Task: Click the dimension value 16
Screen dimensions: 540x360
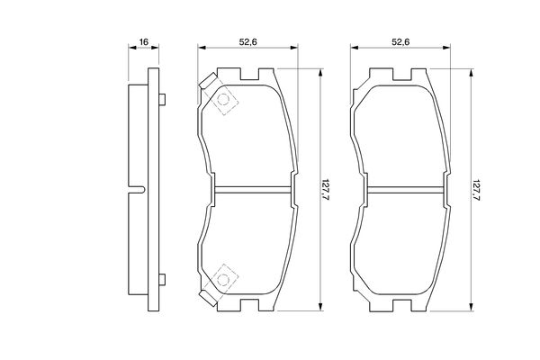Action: [144, 42]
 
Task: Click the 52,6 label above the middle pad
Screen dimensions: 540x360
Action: [248, 42]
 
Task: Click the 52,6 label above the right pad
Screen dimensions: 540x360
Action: [400, 42]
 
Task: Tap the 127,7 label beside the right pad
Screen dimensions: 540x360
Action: [477, 190]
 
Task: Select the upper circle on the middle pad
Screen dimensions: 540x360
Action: [223, 100]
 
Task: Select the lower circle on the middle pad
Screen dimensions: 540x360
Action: [223, 279]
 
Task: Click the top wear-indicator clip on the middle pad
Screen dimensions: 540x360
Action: [208, 81]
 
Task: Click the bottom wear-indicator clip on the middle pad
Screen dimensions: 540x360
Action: [208, 298]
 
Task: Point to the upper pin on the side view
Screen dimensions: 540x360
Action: [162, 100]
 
